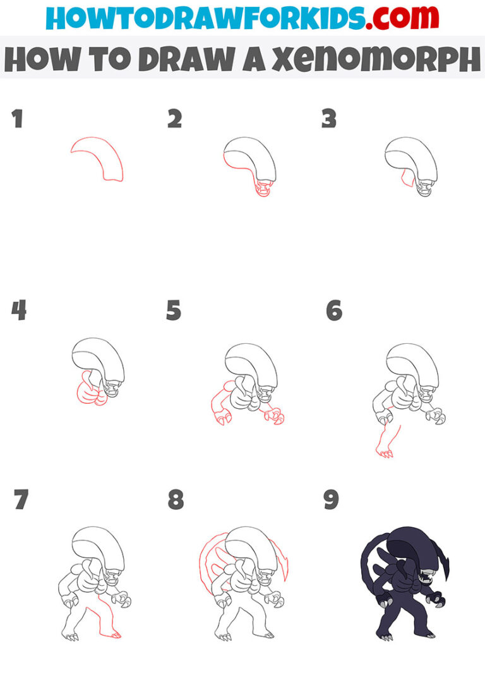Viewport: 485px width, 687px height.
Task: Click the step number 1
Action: (x=17, y=118)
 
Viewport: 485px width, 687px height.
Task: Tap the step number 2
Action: (x=174, y=118)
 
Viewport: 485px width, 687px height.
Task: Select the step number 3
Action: (x=329, y=118)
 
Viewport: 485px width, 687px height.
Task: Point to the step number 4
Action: (x=18, y=310)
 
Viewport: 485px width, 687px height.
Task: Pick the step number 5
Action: (x=174, y=310)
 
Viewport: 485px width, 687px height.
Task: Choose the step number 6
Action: (x=334, y=310)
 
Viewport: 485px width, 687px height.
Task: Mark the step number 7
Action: (x=21, y=500)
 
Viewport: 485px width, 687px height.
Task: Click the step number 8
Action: (x=176, y=500)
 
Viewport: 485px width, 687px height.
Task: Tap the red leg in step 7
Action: (x=104, y=623)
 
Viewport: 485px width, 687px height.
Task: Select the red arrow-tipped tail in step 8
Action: (x=282, y=556)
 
